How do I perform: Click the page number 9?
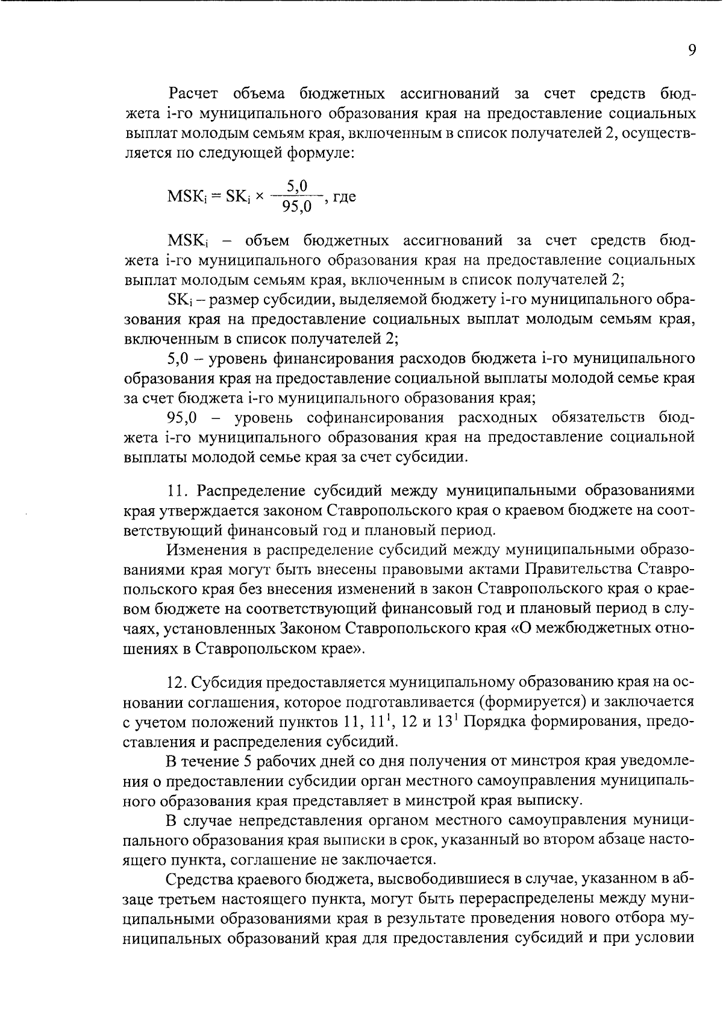click(692, 51)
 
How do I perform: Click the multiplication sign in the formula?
click(260, 197)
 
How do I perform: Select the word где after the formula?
click(344, 197)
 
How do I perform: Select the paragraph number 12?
click(178, 682)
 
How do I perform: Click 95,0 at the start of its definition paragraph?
click(183, 418)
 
